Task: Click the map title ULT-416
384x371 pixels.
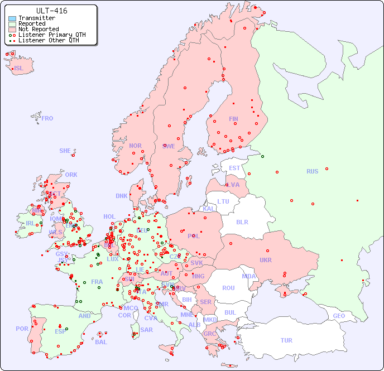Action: coord(51,11)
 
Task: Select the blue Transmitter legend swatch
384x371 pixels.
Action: coord(12,18)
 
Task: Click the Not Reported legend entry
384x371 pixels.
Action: coord(38,29)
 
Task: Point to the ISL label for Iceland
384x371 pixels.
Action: coord(19,69)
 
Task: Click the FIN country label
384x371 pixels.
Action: coord(233,119)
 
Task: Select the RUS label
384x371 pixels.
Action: coord(312,171)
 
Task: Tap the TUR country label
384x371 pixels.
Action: coord(286,340)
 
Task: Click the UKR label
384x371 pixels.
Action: coord(266,260)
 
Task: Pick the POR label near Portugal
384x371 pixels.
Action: coord(22,329)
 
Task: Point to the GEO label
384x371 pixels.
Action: coord(339,316)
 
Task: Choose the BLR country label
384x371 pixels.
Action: coord(242,221)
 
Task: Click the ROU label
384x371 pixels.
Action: coord(228,288)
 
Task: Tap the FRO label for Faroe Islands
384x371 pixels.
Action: coord(47,118)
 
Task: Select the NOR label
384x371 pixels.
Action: coord(135,146)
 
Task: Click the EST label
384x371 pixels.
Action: coord(234,168)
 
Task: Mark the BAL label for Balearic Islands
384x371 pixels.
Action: coord(100,342)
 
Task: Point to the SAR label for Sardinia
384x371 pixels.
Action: coord(146,330)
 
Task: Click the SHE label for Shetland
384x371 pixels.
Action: coord(65,151)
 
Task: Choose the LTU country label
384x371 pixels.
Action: coord(223,201)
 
